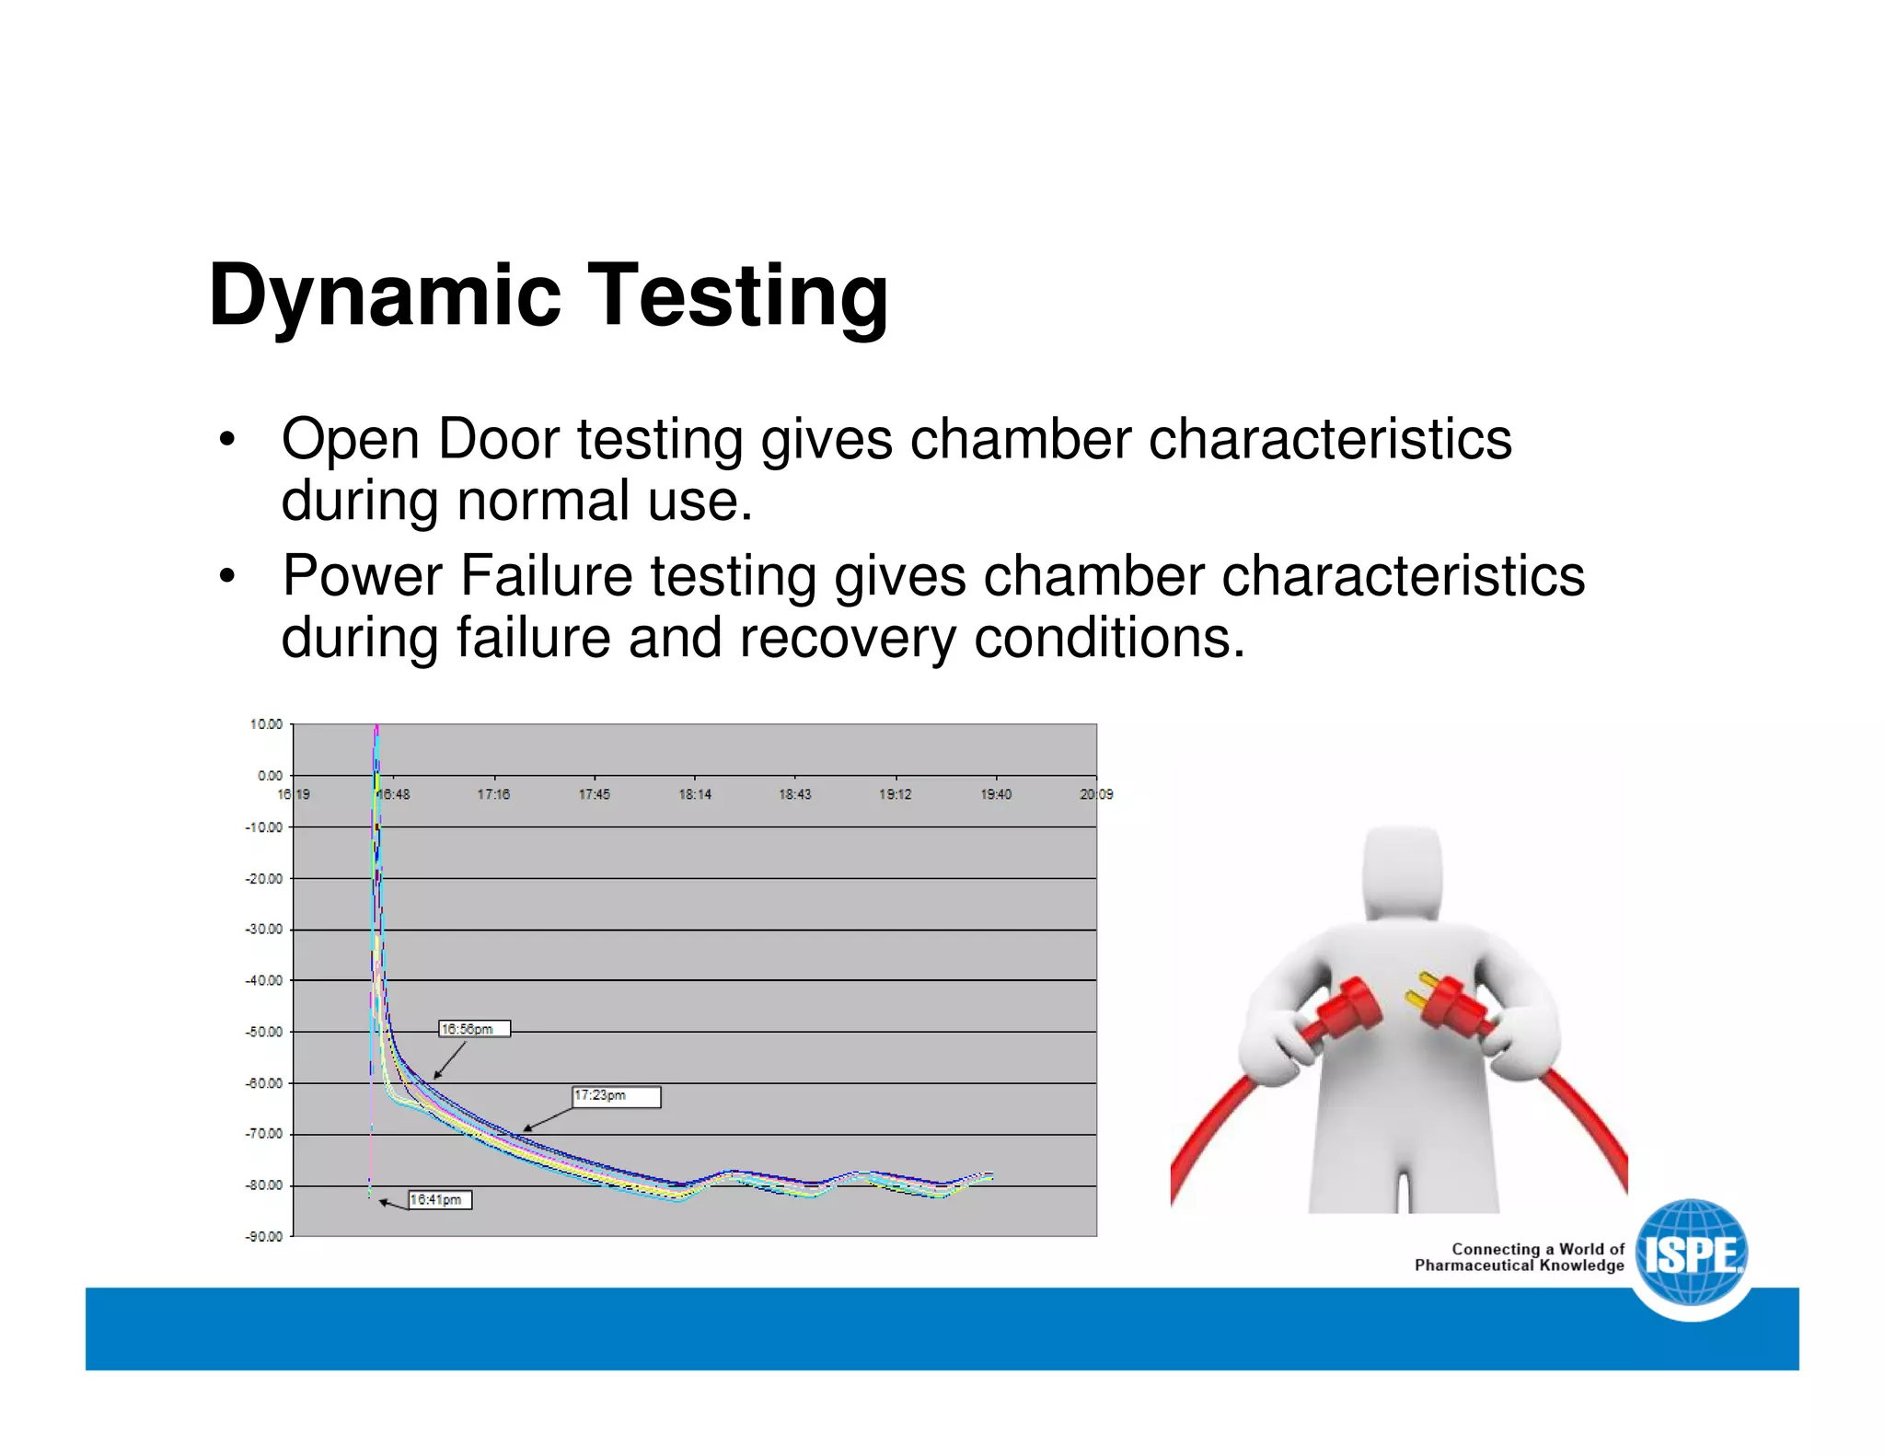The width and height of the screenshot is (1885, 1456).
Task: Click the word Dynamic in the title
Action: (384, 296)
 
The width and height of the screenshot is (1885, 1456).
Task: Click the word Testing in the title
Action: (737, 296)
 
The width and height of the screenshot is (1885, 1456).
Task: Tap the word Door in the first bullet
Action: (498, 439)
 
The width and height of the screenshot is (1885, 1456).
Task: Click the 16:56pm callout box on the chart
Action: (474, 1029)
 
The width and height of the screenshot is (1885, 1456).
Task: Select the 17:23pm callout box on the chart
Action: (616, 1096)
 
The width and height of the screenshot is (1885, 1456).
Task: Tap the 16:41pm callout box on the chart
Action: (440, 1199)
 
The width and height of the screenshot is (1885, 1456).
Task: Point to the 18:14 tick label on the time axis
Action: (695, 794)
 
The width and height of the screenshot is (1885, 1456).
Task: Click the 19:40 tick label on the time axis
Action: (996, 794)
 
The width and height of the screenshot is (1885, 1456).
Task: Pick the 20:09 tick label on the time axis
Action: (1096, 794)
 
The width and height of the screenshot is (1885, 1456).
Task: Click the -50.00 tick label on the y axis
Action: (264, 1032)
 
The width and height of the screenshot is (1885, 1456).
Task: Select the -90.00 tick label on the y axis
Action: (264, 1236)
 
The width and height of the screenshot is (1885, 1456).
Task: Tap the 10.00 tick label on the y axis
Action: (266, 724)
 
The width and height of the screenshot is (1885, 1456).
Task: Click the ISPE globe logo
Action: (1692, 1254)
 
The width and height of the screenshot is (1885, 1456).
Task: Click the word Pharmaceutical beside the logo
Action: (1474, 1265)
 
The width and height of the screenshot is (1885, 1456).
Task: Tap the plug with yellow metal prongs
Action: (1450, 1004)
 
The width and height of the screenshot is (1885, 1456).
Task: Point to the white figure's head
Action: (1403, 870)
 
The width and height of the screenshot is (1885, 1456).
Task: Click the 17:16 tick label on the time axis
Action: (493, 794)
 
